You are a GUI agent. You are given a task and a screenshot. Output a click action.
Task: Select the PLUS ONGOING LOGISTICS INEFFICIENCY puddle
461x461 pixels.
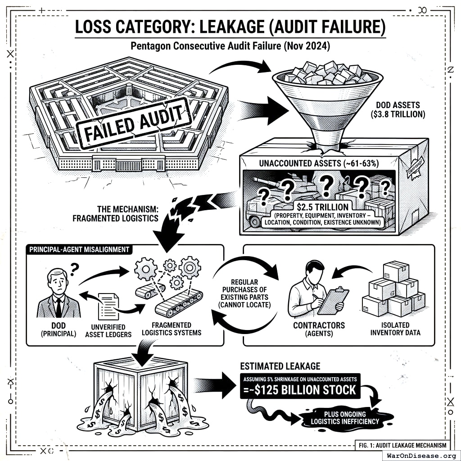pos(345,418)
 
